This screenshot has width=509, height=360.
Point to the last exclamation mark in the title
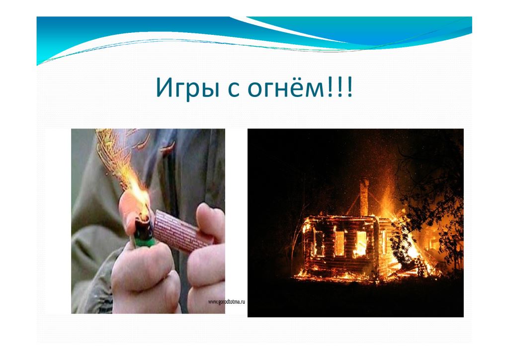349,88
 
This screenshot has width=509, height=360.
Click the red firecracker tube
183,231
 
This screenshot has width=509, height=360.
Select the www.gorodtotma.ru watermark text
226,302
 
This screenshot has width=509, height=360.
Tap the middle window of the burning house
339,243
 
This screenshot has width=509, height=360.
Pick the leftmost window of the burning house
319,243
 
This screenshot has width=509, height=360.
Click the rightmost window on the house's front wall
361,244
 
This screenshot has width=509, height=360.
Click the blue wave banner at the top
254,36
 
